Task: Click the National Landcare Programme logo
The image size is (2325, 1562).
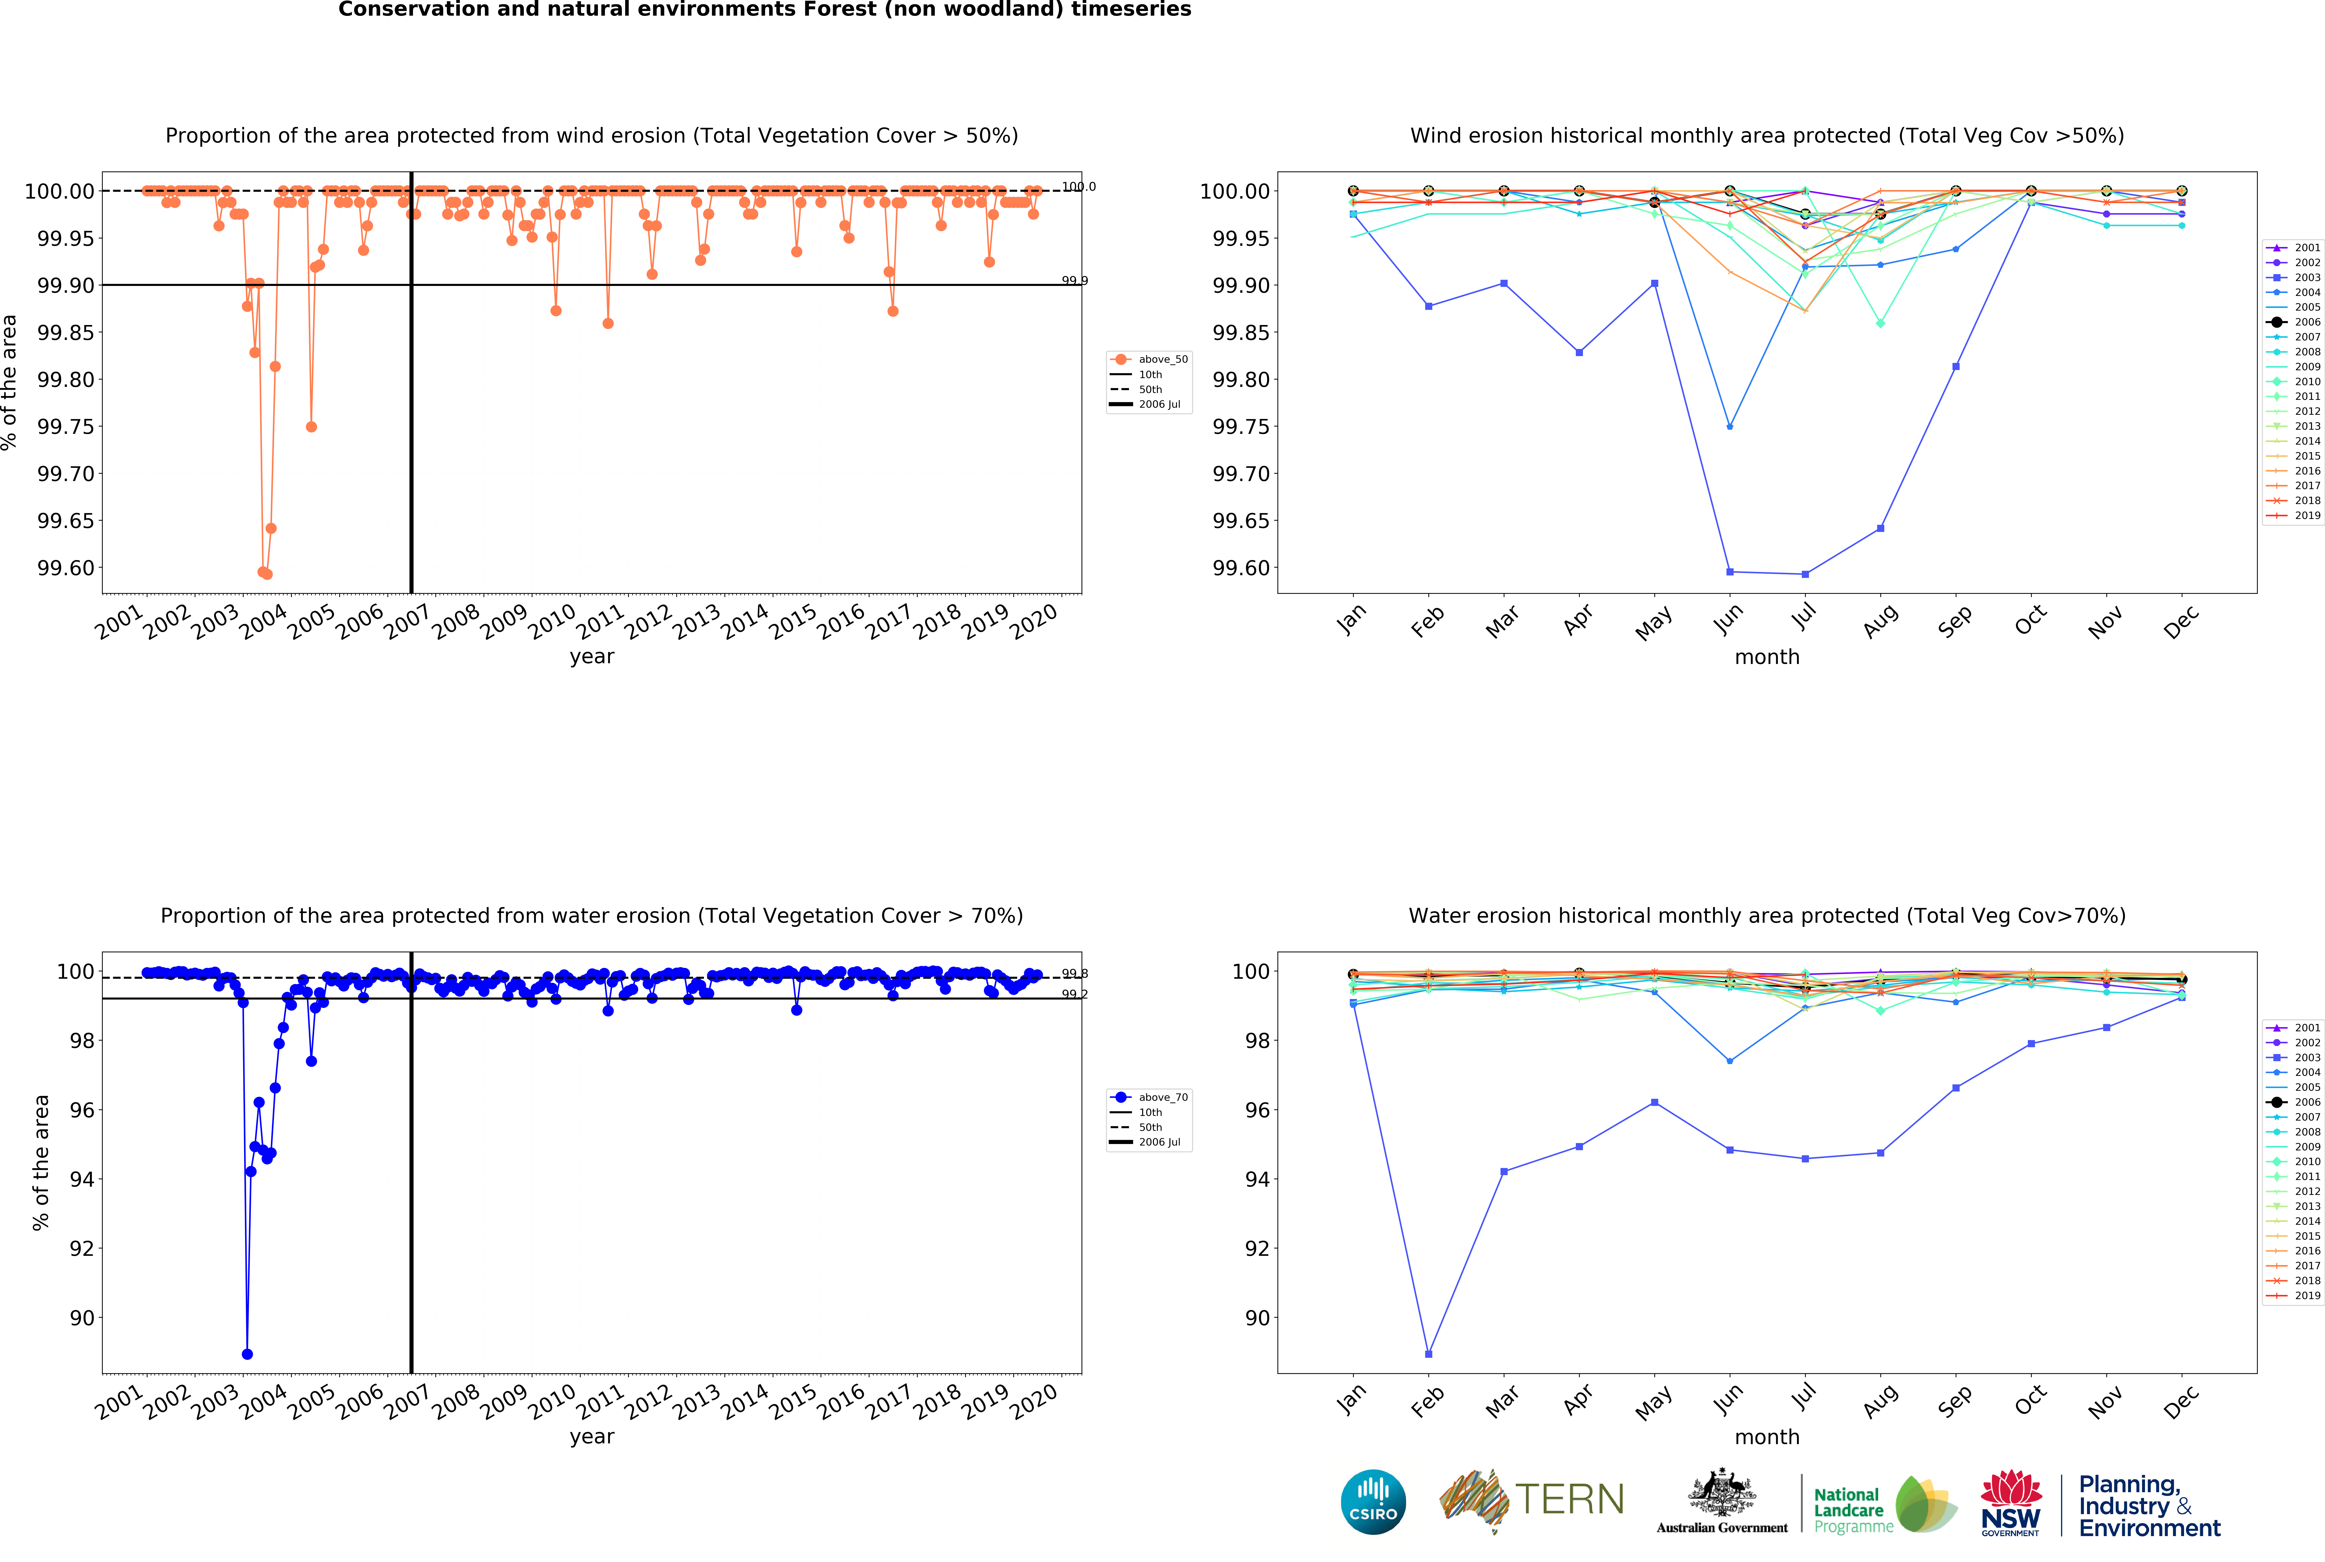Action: coord(1883,1504)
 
